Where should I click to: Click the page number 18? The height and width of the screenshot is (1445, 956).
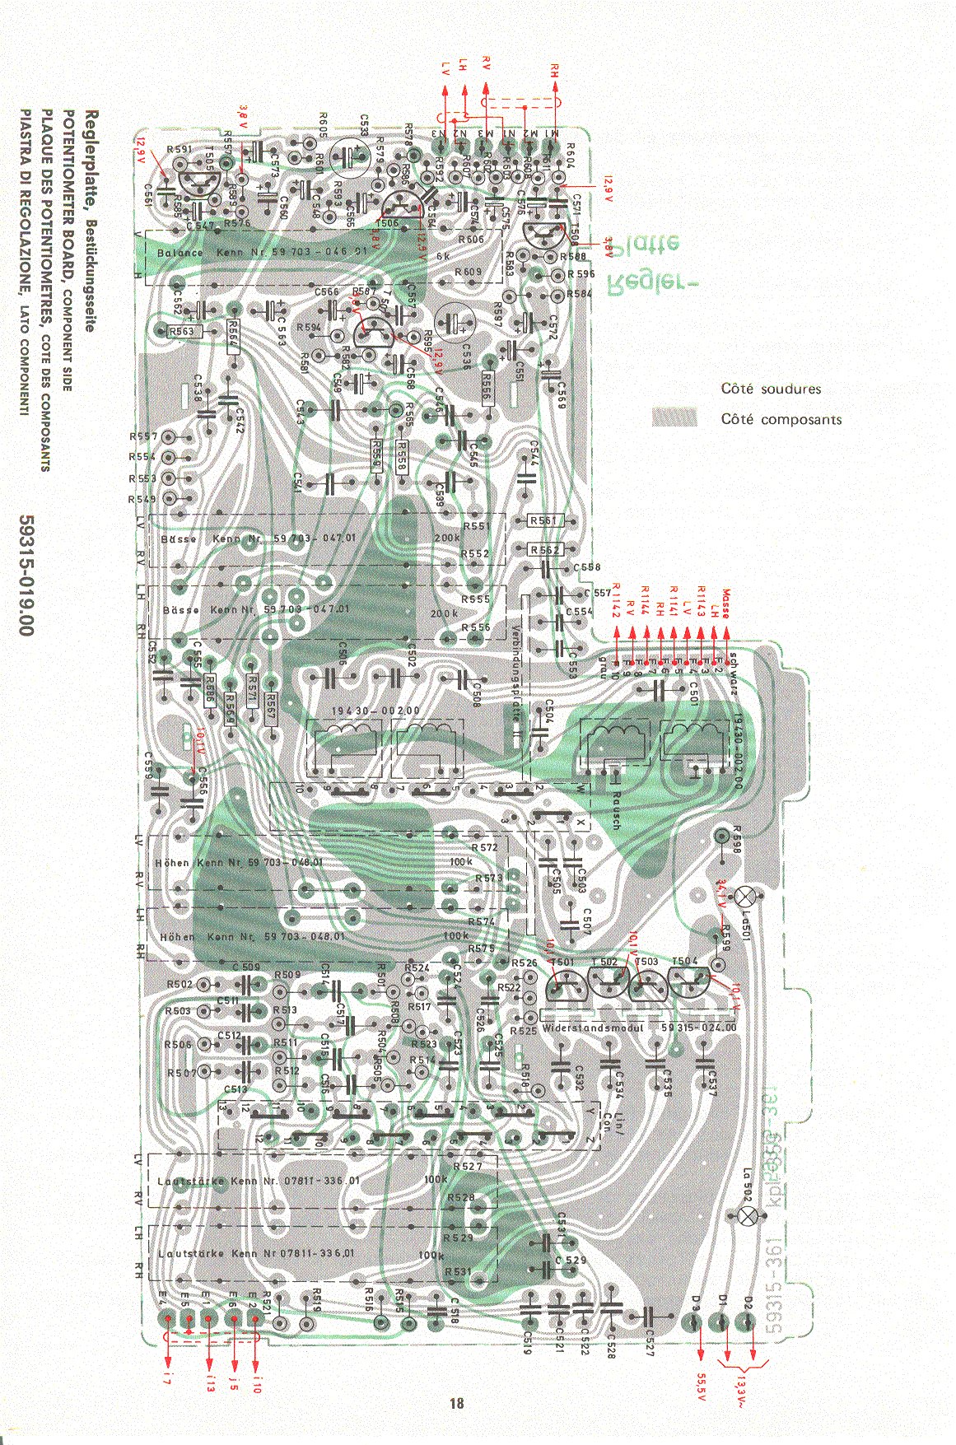tap(457, 1403)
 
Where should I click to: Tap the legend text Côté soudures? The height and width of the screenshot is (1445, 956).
tap(771, 389)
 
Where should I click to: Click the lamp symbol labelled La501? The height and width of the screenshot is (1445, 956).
tap(747, 897)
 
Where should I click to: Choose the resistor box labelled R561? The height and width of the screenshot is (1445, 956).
tap(544, 520)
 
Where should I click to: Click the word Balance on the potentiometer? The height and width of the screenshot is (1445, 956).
tap(180, 253)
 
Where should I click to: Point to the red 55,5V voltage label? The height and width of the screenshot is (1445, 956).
tap(701, 1387)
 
